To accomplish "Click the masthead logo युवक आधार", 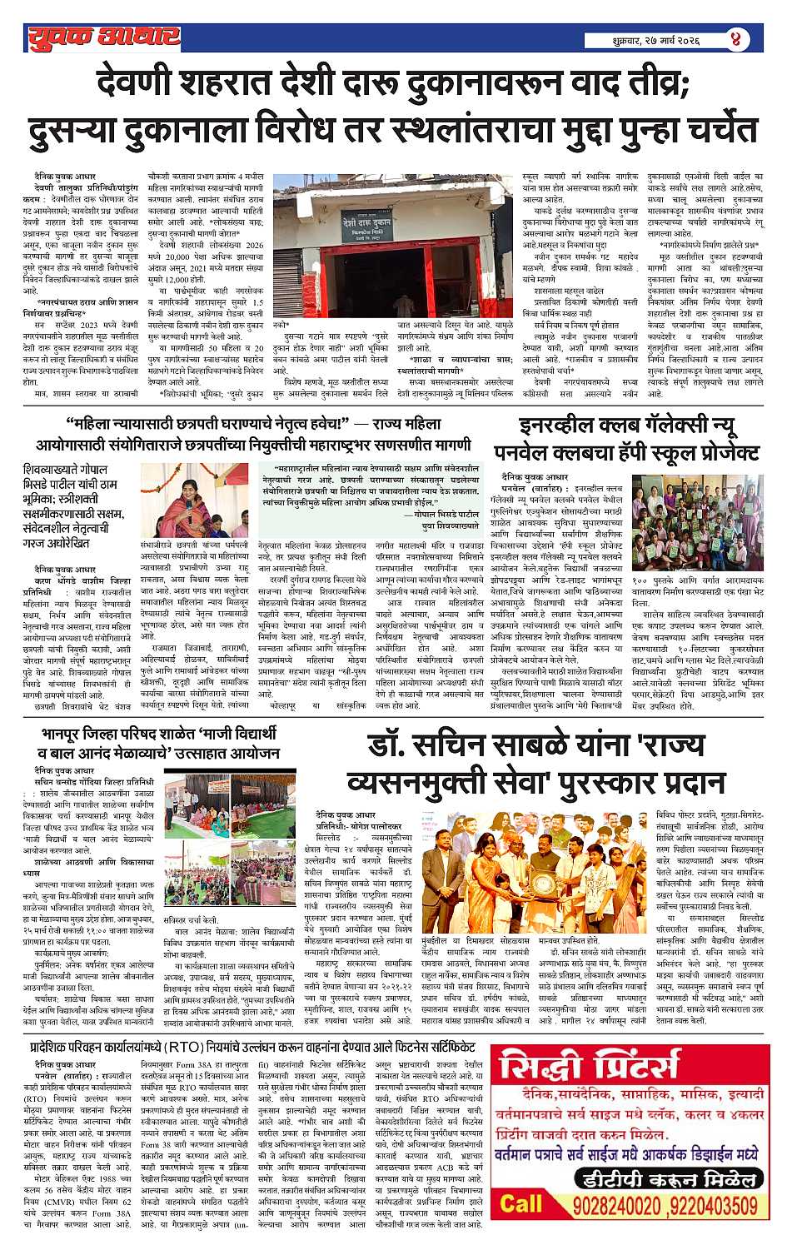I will coord(102,36).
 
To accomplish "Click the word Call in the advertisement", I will coord(521,1204).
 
